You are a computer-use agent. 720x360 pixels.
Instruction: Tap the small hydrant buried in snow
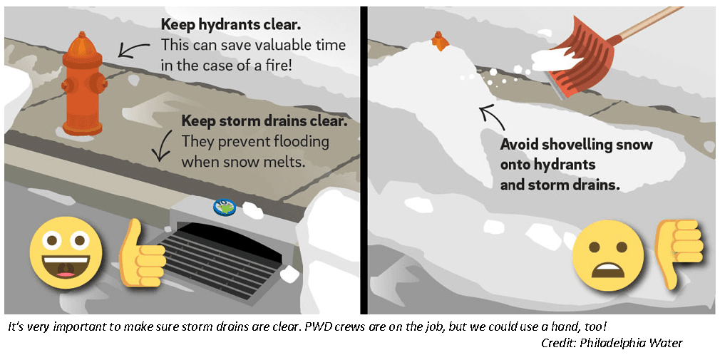pos(440,41)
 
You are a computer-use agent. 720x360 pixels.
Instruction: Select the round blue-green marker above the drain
pos(225,206)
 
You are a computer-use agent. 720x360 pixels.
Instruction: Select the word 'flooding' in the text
pos(295,141)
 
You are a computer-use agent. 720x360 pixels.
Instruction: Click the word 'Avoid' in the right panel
pos(519,145)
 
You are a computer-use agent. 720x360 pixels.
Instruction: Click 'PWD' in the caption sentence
pos(344,326)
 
